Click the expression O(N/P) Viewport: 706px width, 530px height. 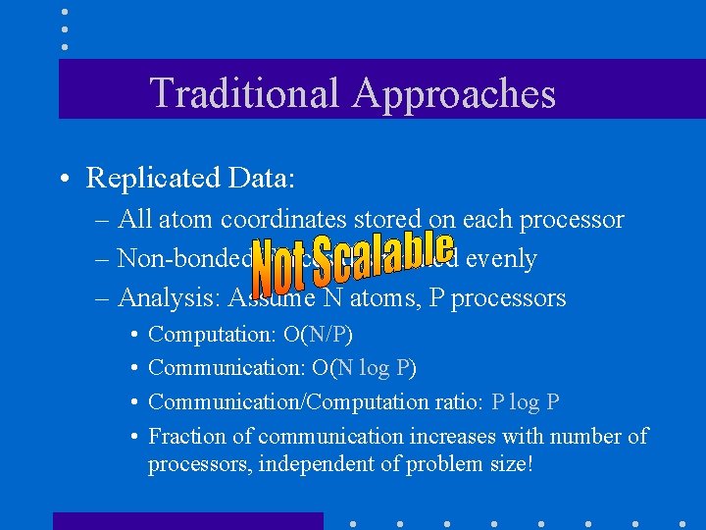(x=318, y=335)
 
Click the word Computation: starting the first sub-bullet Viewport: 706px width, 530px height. (x=212, y=335)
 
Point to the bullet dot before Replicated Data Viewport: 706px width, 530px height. (x=63, y=180)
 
